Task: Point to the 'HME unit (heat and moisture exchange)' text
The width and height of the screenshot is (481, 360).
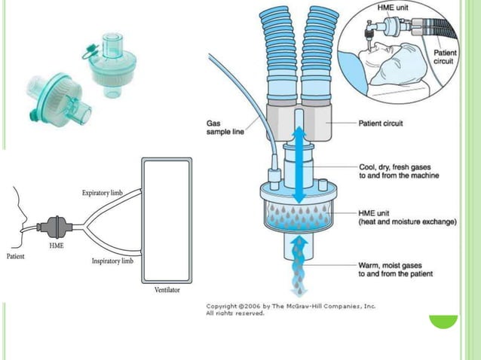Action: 406,218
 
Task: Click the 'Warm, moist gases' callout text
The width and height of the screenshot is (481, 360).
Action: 396,270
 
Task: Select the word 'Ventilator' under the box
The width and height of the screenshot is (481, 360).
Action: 167,290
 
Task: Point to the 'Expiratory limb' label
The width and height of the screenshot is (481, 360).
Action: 103,194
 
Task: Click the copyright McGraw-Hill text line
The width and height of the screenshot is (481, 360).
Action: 291,307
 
